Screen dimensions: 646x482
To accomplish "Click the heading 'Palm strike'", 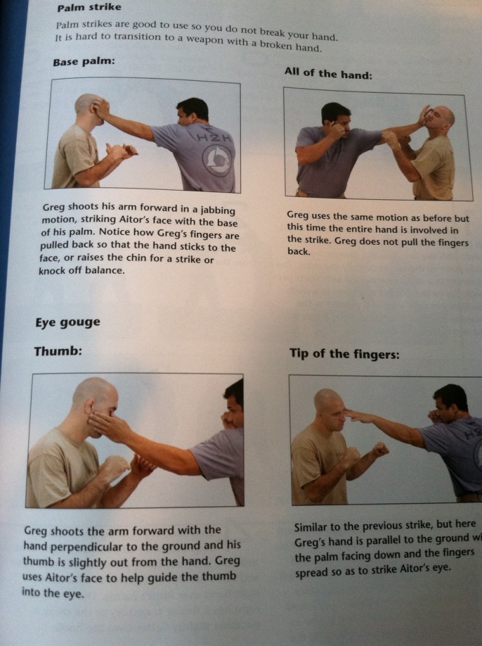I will click(89, 8).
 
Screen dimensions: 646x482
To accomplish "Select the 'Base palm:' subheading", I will click(83, 62).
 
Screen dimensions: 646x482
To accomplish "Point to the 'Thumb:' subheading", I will click(57, 351).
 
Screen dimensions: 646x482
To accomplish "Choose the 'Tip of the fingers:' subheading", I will click(344, 354).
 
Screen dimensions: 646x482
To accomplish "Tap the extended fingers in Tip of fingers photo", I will click(356, 415).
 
